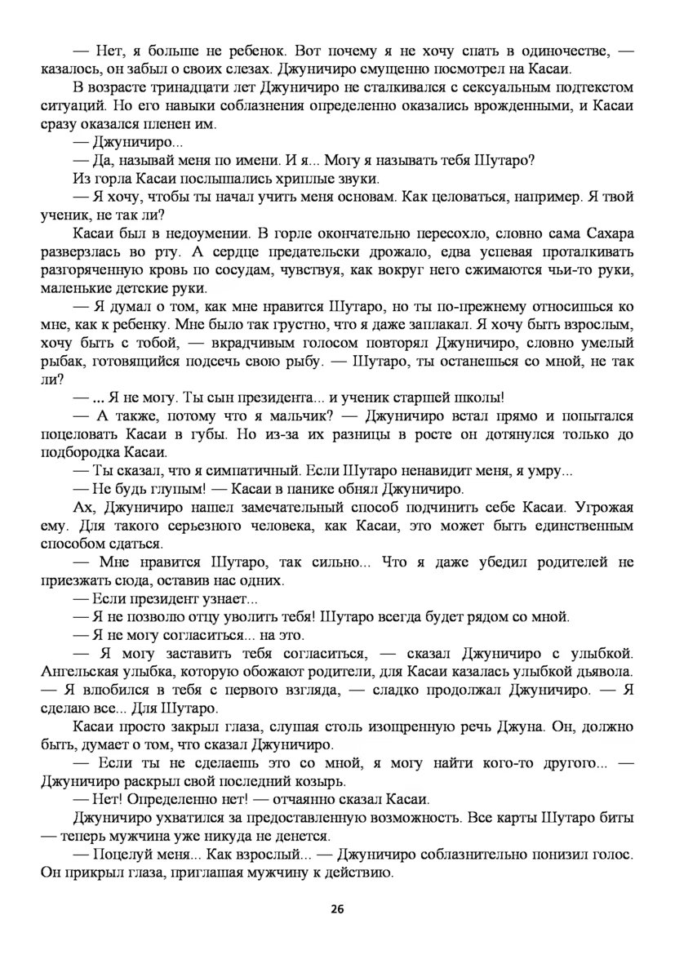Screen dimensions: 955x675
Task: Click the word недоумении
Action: [202, 233]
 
